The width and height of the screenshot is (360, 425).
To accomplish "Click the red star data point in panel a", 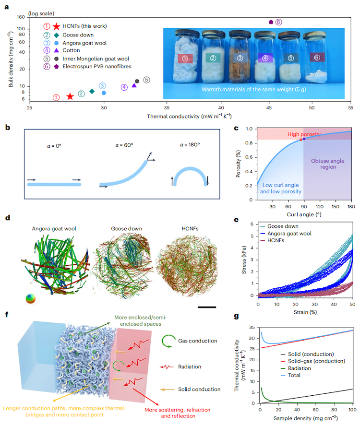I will click(x=70, y=96).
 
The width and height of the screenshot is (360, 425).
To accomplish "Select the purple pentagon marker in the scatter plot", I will click(x=271, y=22).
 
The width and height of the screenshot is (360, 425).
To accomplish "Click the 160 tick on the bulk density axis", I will click(x=20, y=17).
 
